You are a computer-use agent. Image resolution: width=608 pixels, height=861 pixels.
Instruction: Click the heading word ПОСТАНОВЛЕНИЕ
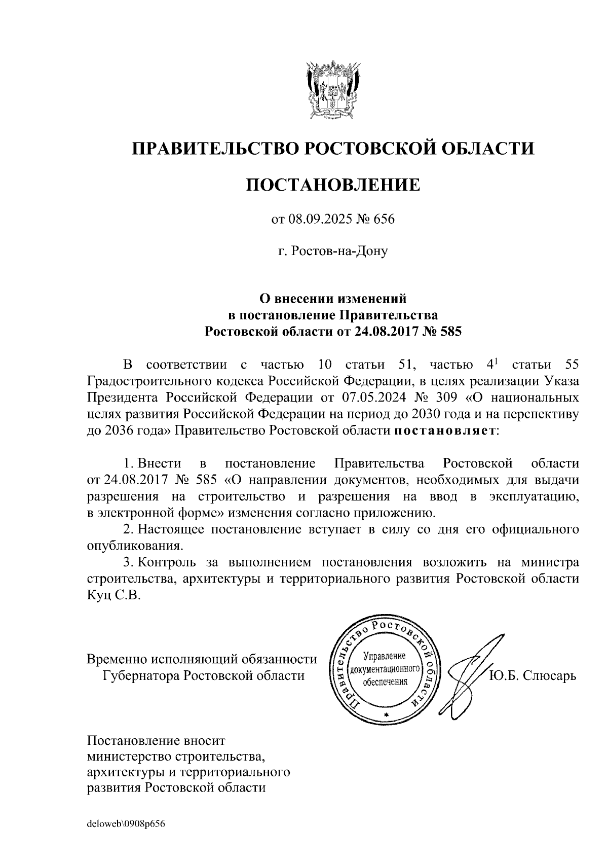(333, 185)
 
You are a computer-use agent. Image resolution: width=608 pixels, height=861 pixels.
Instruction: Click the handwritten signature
(466, 669)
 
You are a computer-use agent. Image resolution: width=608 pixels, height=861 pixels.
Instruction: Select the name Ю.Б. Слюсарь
(533, 676)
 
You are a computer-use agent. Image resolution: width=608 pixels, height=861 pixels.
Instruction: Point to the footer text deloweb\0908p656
(127, 823)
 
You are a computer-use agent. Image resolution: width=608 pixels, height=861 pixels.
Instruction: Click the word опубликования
(134, 547)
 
